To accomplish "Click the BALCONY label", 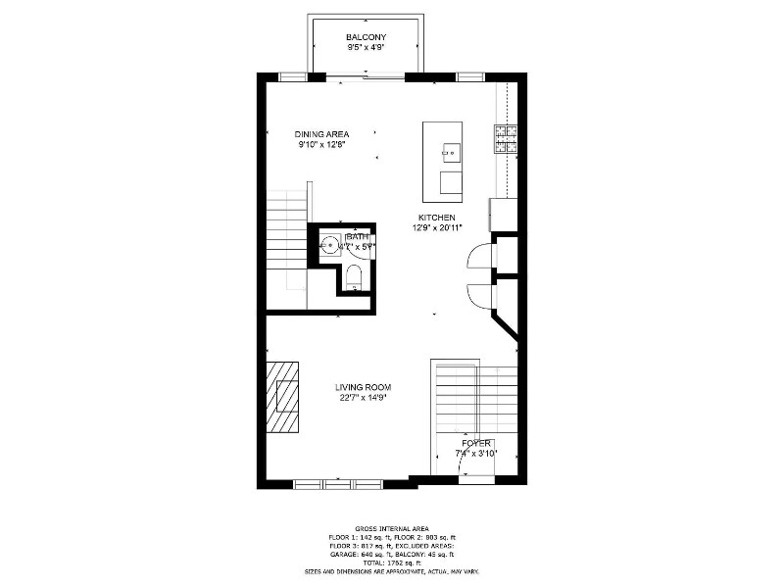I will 366,36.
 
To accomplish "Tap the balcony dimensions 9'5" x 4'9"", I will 366,46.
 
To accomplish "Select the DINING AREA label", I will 321,134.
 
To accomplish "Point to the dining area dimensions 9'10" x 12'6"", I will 321,144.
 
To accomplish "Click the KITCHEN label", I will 436,218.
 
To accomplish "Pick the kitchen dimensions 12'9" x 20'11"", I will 436,227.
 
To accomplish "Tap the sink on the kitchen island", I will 451,151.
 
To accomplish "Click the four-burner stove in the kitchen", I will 505,140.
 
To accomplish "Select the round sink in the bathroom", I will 330,244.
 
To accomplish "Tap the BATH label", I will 357,236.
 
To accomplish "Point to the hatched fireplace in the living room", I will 284,396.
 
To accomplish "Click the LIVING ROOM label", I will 366,387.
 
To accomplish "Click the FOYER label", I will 476,443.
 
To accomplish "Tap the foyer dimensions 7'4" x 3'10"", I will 476,453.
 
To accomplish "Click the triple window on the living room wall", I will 338,483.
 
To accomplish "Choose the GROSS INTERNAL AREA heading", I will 392,528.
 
